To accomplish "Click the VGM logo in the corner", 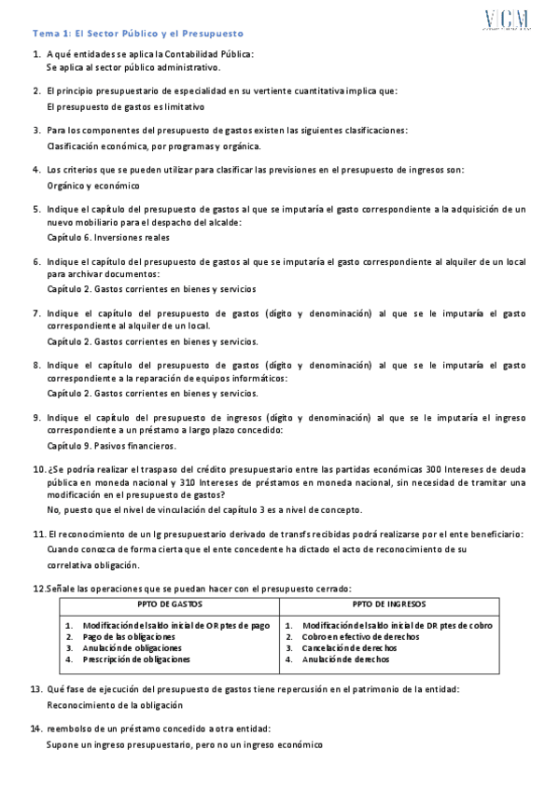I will click(508, 21).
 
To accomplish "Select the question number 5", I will click(36, 209).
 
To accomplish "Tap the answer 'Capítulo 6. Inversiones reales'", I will click(107, 237).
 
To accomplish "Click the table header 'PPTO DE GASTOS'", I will click(169, 605).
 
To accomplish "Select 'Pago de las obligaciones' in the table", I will click(129, 636).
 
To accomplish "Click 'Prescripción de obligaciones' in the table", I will click(136, 659).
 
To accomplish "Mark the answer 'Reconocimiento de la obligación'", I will click(122, 705).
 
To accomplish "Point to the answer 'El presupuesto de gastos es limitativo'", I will click(125, 106).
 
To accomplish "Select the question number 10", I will click(38, 468).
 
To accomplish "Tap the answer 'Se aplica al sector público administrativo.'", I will click(133, 68).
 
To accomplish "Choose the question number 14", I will click(38, 728).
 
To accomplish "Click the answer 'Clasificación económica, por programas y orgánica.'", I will click(154, 146).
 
